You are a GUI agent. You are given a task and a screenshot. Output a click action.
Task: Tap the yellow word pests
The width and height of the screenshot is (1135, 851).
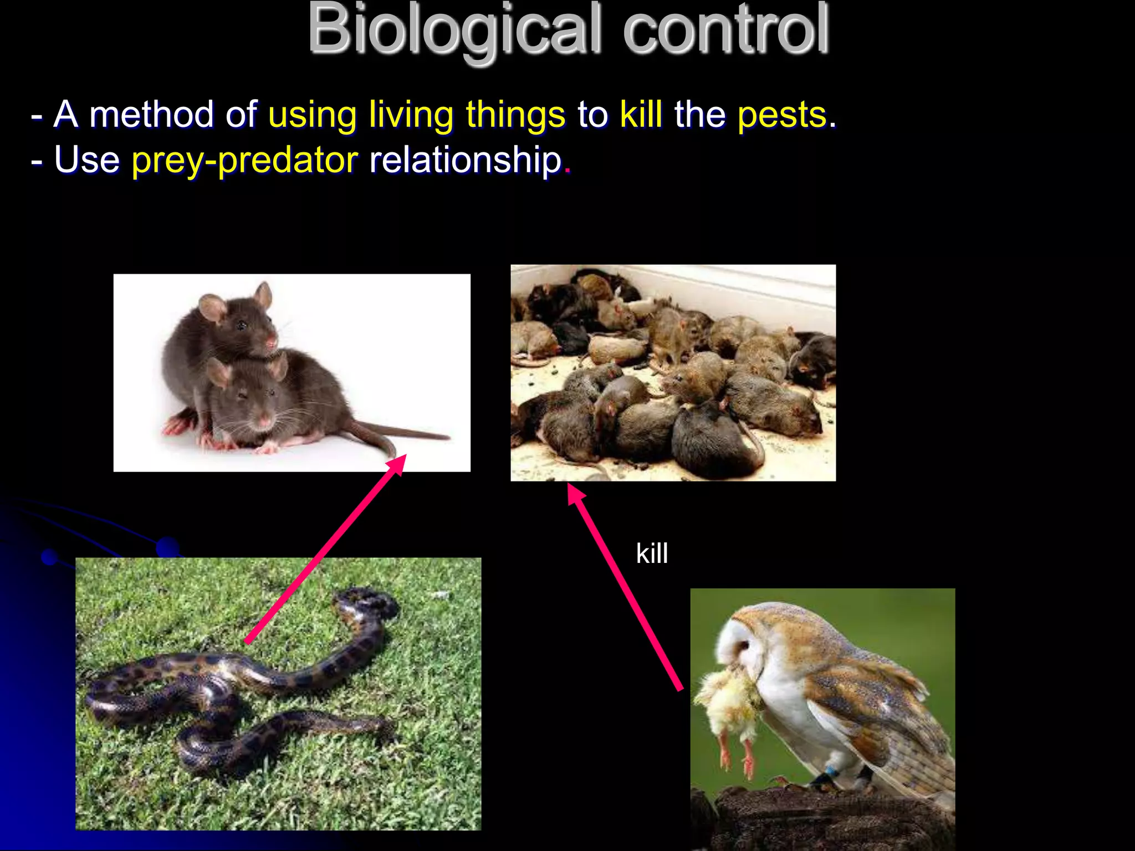(x=782, y=115)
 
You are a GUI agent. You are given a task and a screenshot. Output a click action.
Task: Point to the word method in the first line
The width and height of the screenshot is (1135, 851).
(x=151, y=115)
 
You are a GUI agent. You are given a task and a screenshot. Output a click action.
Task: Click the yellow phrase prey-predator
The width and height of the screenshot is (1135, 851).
(x=244, y=160)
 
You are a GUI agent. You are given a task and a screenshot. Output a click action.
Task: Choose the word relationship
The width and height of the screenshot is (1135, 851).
(x=466, y=160)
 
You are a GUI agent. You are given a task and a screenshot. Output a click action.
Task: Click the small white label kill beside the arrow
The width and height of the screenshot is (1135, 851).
(x=652, y=553)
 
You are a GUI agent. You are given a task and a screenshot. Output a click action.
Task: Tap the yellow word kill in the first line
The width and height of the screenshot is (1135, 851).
(x=641, y=115)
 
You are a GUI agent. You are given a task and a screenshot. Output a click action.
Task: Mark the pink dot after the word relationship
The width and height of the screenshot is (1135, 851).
(x=567, y=171)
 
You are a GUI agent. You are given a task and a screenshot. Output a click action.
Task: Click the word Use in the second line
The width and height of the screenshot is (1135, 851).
(x=86, y=160)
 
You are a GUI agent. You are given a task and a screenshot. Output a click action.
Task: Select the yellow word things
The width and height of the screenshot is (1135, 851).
(x=515, y=115)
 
